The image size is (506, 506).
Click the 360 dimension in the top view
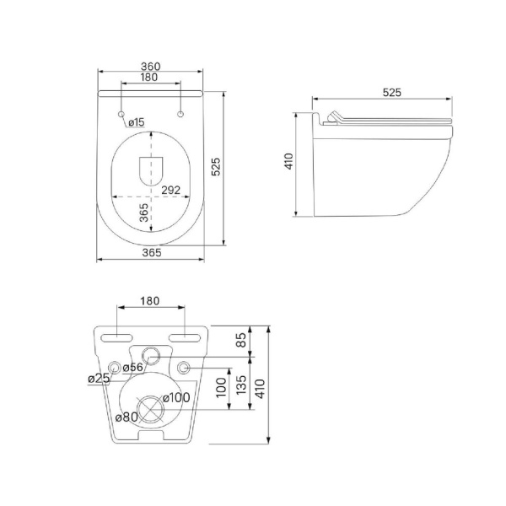[150, 66]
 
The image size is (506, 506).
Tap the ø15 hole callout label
[137, 122]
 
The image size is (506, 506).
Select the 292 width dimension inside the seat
[170, 190]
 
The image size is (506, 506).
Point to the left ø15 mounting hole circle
[121, 114]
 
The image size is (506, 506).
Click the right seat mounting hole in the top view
[180, 114]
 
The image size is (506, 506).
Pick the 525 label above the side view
[392, 93]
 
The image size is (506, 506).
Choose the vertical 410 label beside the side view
[288, 161]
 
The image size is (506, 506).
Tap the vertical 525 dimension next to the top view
[216, 166]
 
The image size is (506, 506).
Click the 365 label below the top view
[152, 252]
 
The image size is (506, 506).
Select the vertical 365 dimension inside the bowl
[144, 213]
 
